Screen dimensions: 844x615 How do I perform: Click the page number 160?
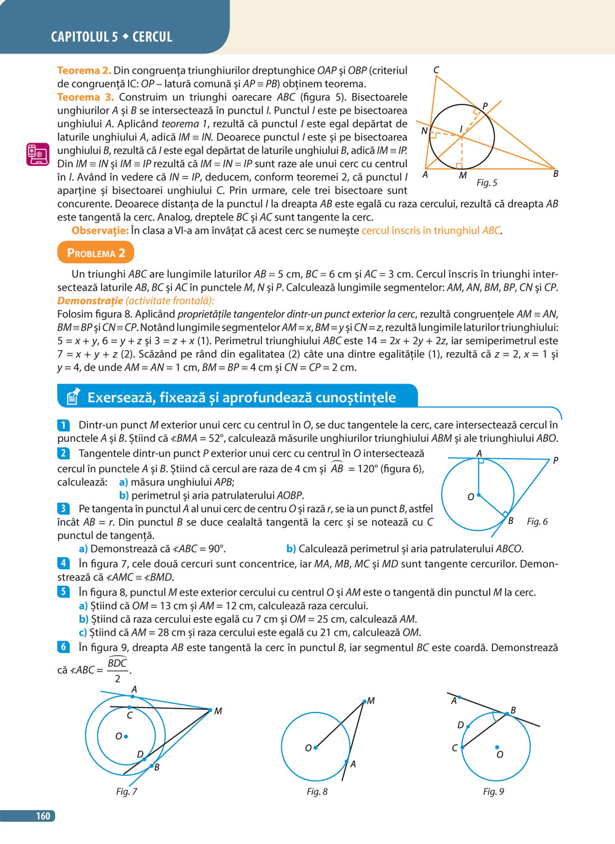43,816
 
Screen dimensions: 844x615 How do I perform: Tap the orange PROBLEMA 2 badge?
95,253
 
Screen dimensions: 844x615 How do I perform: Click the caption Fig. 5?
486,183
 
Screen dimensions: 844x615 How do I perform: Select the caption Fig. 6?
537,521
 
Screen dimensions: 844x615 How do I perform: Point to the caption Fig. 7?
127,791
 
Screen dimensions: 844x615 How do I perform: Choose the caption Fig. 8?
317,791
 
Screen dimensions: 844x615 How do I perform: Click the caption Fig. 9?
493,791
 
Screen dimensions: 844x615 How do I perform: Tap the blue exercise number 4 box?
63,563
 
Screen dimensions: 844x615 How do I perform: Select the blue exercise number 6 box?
63,647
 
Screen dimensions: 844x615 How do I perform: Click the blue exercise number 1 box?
63,425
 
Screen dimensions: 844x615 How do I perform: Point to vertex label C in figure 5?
436,70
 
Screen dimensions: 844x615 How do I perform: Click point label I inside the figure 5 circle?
461,129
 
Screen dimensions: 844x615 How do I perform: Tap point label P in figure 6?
555,460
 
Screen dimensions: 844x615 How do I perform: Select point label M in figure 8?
370,701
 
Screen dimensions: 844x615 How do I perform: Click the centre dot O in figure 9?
497,747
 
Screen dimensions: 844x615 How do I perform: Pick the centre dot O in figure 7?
126,736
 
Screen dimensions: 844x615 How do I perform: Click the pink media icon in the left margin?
38,154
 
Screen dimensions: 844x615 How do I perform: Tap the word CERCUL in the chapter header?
153,37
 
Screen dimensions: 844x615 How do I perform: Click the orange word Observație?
100,231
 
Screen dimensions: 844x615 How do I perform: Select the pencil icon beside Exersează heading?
73,396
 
